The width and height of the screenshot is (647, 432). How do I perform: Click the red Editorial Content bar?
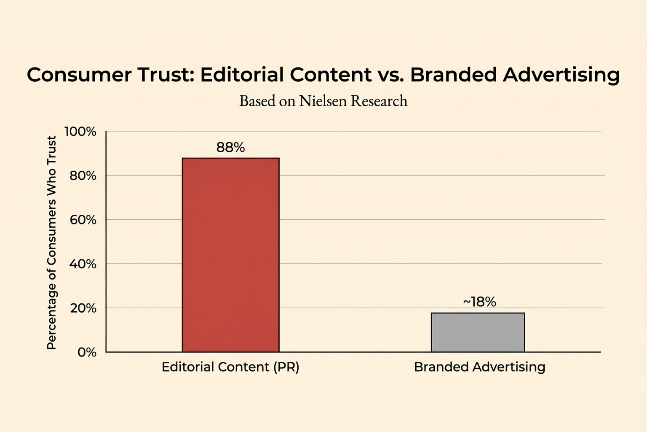click(230, 255)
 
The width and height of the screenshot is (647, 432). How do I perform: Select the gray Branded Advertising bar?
click(478, 332)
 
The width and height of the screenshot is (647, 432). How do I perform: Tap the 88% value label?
click(230, 147)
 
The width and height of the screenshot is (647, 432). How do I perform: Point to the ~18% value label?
click(479, 302)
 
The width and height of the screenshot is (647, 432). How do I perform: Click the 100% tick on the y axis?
click(80, 132)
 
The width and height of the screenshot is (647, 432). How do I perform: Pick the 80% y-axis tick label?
click(83, 175)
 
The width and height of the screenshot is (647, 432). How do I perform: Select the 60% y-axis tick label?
click(83, 220)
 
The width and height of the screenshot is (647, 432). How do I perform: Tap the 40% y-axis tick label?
click(83, 264)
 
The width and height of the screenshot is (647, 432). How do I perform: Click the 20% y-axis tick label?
click(83, 308)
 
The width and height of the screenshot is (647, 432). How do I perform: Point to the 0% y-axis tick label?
click(87, 352)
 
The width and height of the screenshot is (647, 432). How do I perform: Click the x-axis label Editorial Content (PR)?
click(230, 367)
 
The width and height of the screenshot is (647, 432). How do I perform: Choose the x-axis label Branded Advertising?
click(479, 367)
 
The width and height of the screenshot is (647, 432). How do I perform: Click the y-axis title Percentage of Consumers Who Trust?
click(51, 243)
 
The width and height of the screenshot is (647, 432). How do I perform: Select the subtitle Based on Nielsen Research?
click(323, 101)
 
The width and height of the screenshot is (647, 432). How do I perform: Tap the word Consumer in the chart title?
click(79, 75)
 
